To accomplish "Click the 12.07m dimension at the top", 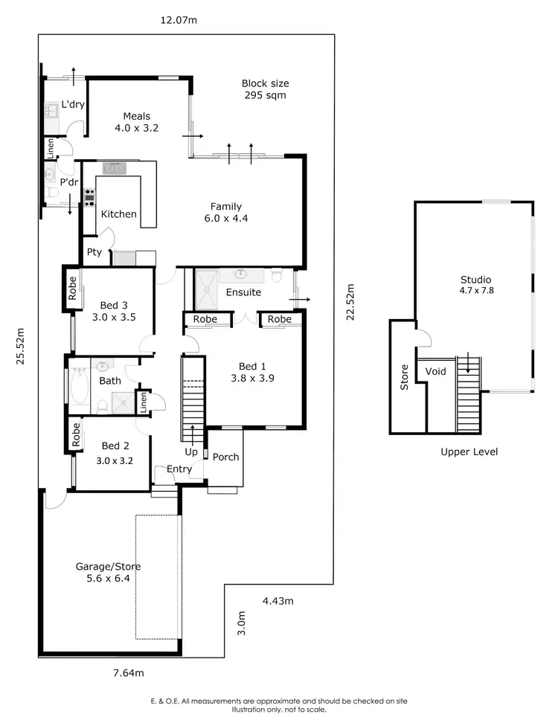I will pyautogui.click(x=179, y=20).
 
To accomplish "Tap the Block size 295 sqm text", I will pyautogui.click(x=265, y=89).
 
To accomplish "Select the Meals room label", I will pyautogui.click(x=136, y=122).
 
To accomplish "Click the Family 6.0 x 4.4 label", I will pyautogui.click(x=226, y=212).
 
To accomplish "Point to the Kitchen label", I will pyautogui.click(x=119, y=214).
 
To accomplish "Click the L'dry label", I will pyautogui.click(x=73, y=105).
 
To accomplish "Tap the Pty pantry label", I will pyautogui.click(x=94, y=252).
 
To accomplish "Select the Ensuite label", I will pyautogui.click(x=243, y=292).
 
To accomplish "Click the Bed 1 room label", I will pyautogui.click(x=252, y=372).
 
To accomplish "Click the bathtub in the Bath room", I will pyautogui.click(x=78, y=387).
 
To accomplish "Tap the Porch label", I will pyautogui.click(x=225, y=457).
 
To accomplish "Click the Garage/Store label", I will pyautogui.click(x=108, y=572).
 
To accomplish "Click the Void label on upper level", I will pyautogui.click(x=435, y=371).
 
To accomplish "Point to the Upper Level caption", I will pyautogui.click(x=469, y=451).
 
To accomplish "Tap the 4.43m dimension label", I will pyautogui.click(x=278, y=600).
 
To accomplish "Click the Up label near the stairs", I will pyautogui.click(x=191, y=451).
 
